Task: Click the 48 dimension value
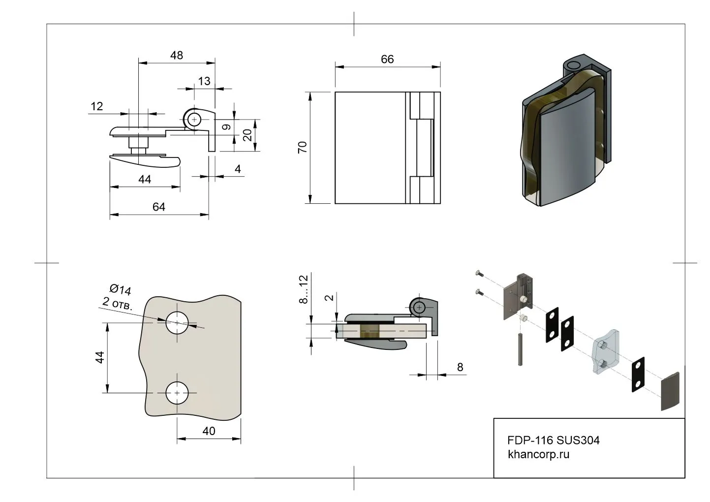pos(177,55)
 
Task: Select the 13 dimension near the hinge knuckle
pos(204,81)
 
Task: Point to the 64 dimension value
pos(158,207)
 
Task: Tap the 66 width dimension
pos(387,59)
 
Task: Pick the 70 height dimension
pos(303,147)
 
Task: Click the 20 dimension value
pos(248,135)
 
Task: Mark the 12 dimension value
pos(97,106)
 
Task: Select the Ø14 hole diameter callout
pos(120,289)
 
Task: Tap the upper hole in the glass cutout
pos(177,323)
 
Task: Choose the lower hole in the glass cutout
pos(177,393)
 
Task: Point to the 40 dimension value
pos(209,431)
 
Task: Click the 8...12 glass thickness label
pos(303,289)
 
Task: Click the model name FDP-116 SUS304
pos(553,440)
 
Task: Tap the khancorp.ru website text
pos(538,454)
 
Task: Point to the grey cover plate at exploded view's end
pos(670,391)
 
